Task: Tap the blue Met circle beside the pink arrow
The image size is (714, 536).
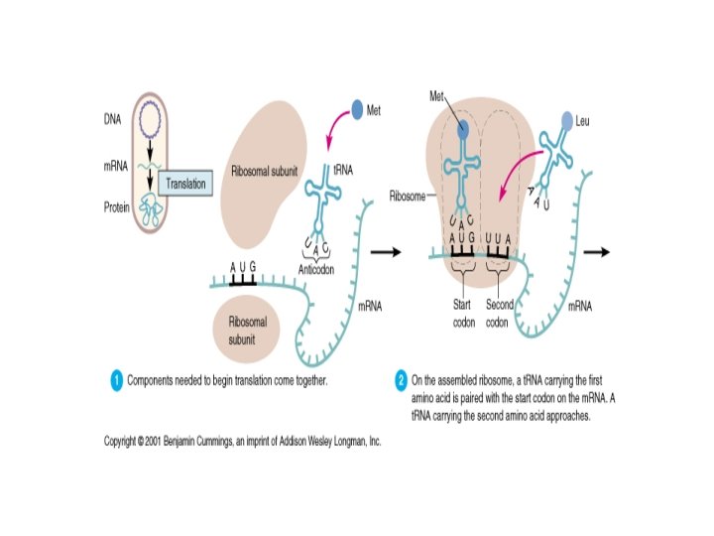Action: (x=357, y=110)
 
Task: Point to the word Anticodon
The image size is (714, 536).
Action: (x=319, y=266)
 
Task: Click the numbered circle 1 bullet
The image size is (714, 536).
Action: (x=116, y=379)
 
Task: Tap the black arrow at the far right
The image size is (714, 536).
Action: (x=596, y=252)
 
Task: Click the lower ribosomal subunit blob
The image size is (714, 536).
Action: (x=247, y=329)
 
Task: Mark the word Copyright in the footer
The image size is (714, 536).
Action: (x=126, y=440)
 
